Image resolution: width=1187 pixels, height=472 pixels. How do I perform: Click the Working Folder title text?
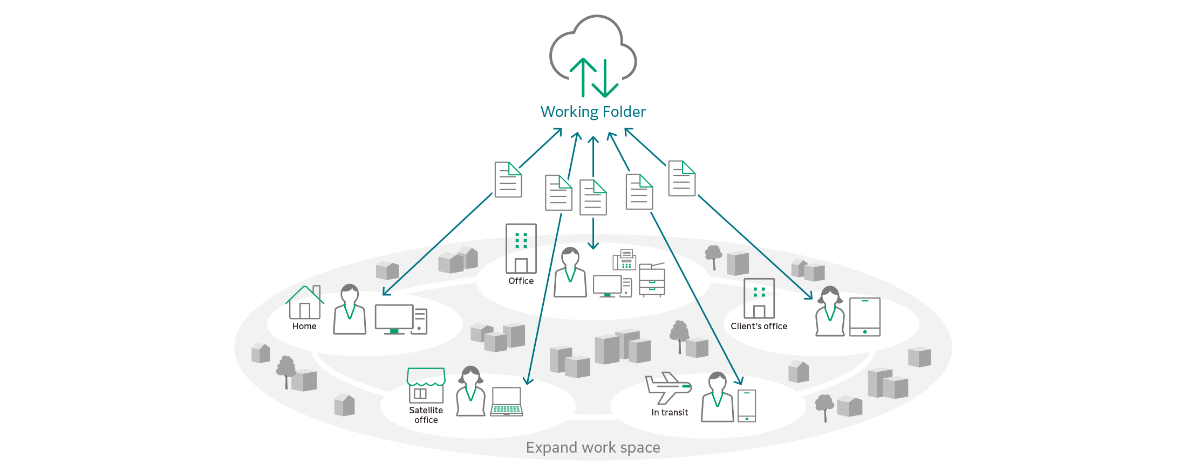[593, 112]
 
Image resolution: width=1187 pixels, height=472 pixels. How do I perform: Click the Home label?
[304, 327]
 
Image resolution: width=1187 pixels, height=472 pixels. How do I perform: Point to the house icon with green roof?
[305, 303]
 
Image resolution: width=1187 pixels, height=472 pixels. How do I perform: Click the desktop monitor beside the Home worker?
[394, 319]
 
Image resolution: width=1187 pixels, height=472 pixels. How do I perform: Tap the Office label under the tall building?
[521, 281]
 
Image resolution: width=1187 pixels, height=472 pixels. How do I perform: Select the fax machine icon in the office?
[625, 260]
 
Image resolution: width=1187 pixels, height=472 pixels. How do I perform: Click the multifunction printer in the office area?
[652, 280]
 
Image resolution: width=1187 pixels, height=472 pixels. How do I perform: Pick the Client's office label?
[759, 327]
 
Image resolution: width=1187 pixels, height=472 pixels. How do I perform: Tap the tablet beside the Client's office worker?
[864, 317]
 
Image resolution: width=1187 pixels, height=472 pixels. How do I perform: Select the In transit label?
[670, 413]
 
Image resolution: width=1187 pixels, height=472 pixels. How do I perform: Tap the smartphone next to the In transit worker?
[747, 406]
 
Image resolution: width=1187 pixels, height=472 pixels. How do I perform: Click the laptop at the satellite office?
[507, 402]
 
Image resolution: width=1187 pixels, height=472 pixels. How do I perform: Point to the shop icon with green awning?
[426, 385]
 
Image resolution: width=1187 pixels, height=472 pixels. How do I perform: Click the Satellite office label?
[426, 415]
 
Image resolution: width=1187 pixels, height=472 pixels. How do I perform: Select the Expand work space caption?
[593, 448]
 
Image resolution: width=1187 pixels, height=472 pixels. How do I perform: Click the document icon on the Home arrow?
[508, 179]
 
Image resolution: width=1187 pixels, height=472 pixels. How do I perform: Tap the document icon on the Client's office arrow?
[681, 178]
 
